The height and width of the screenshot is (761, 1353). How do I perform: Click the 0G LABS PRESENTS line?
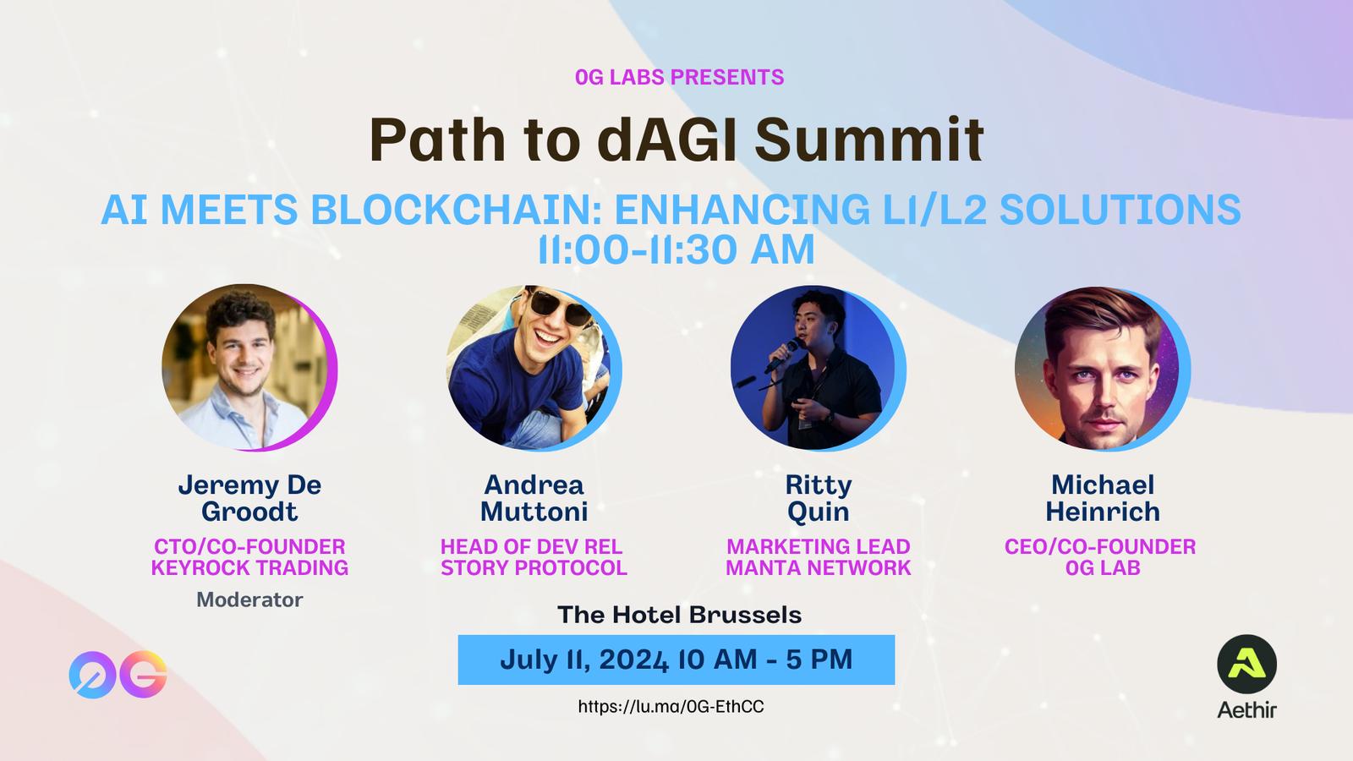[680, 77]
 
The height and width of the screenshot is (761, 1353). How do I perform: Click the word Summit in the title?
[869, 140]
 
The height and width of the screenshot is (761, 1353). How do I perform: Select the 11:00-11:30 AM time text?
[676, 249]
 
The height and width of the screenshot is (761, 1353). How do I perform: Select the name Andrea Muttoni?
[534, 498]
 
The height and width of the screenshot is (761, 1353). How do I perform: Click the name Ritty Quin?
[819, 498]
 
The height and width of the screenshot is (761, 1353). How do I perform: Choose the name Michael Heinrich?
[1103, 498]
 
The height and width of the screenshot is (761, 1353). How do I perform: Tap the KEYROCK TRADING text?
[249, 567]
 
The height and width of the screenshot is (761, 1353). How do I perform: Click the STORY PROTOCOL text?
[534, 567]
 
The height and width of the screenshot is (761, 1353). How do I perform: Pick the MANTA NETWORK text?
[819, 567]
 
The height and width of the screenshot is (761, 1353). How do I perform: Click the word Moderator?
[249, 599]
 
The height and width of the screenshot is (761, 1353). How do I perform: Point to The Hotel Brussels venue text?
[680, 615]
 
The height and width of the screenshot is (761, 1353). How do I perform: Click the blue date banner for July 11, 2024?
[676, 660]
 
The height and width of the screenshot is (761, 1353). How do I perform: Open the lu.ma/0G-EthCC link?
[671, 707]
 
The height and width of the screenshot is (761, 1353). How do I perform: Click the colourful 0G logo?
[118, 675]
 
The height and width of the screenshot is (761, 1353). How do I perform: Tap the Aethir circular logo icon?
[1246, 665]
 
